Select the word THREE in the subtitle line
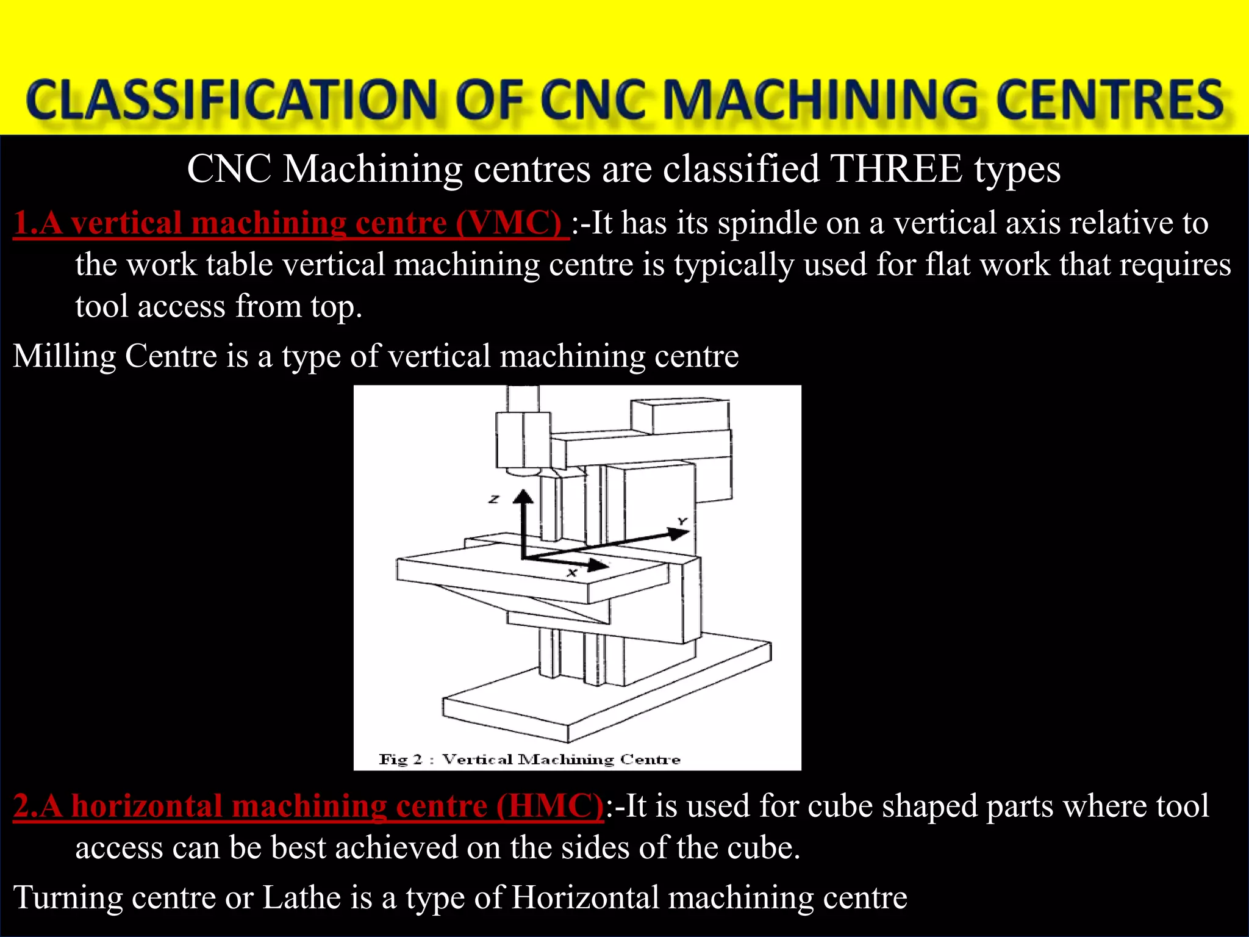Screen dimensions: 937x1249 pyautogui.click(x=896, y=169)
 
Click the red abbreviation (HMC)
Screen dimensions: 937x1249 pyautogui.click(x=549, y=806)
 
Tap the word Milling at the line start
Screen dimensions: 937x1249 pyautogui.click(x=64, y=356)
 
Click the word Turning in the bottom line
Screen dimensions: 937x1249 pyautogui.click(x=68, y=897)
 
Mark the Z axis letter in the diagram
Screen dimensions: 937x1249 pyautogui.click(x=494, y=500)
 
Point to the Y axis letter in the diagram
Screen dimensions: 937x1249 pyautogui.click(x=682, y=522)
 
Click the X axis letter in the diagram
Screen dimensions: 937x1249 pyautogui.click(x=572, y=573)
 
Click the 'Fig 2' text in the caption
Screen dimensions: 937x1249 pyautogui.click(x=400, y=759)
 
